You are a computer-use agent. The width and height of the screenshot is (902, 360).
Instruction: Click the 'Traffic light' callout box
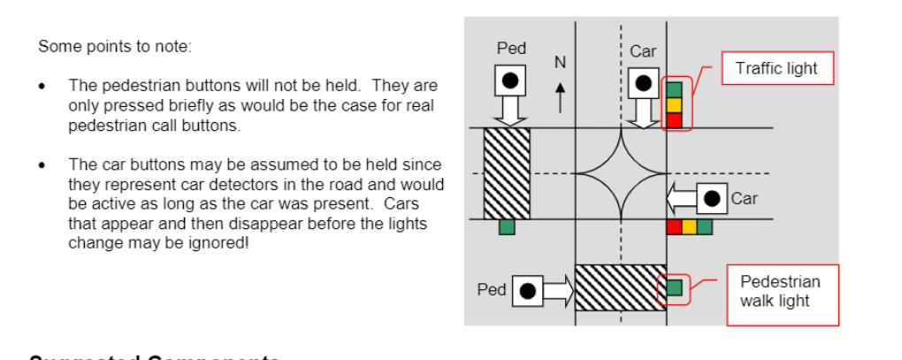778,68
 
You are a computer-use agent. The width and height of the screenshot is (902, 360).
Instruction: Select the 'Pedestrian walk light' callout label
780,290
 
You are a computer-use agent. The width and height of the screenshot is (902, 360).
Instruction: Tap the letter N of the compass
559,62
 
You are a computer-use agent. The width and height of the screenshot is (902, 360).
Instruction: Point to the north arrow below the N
559,96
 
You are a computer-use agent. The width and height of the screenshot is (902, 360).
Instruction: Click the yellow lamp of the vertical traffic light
675,104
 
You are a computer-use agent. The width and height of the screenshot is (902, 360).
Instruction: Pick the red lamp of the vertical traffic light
675,119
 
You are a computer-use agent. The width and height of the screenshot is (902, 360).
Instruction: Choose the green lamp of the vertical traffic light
675,89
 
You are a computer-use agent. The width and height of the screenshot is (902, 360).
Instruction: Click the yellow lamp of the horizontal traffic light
689,227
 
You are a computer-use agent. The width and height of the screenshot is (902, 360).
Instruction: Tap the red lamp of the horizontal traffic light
674,227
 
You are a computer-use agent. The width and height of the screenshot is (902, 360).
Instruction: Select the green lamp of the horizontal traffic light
704,227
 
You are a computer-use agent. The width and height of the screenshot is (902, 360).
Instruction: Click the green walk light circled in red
675,287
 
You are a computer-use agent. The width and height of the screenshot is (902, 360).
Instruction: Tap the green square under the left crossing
506,227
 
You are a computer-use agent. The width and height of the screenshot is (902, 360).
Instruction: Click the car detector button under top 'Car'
643,84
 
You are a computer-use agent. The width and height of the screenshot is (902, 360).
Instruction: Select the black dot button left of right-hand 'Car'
712,198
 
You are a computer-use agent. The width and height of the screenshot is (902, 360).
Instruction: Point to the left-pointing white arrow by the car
682,198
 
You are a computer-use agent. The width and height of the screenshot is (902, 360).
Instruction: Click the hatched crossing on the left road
506,172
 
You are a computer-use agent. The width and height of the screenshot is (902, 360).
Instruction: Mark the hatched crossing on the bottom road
620,287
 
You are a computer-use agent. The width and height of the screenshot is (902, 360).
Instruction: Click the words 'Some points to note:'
114,47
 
